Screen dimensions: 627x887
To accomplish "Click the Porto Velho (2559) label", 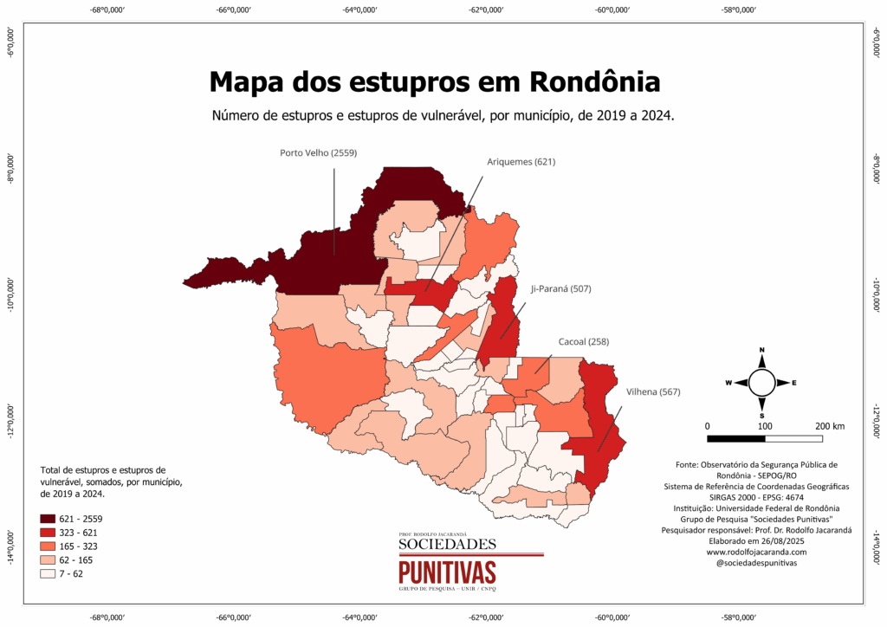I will point(318,153).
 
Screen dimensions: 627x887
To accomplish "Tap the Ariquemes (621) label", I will point(521,162).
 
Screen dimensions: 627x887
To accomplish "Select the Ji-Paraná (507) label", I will point(560,288).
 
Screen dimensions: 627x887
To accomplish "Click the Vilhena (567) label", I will point(653,392).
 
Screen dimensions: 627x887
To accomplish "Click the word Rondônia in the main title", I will point(593,82).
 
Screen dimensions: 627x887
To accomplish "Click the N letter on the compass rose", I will point(762,351).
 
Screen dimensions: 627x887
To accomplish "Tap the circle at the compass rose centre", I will point(762,382).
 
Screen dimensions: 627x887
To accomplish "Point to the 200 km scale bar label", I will point(829,426).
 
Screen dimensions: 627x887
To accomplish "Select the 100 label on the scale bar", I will point(765,426).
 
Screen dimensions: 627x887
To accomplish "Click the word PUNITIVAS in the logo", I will point(448,572).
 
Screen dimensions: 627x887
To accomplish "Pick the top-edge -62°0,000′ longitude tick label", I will point(486,10).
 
